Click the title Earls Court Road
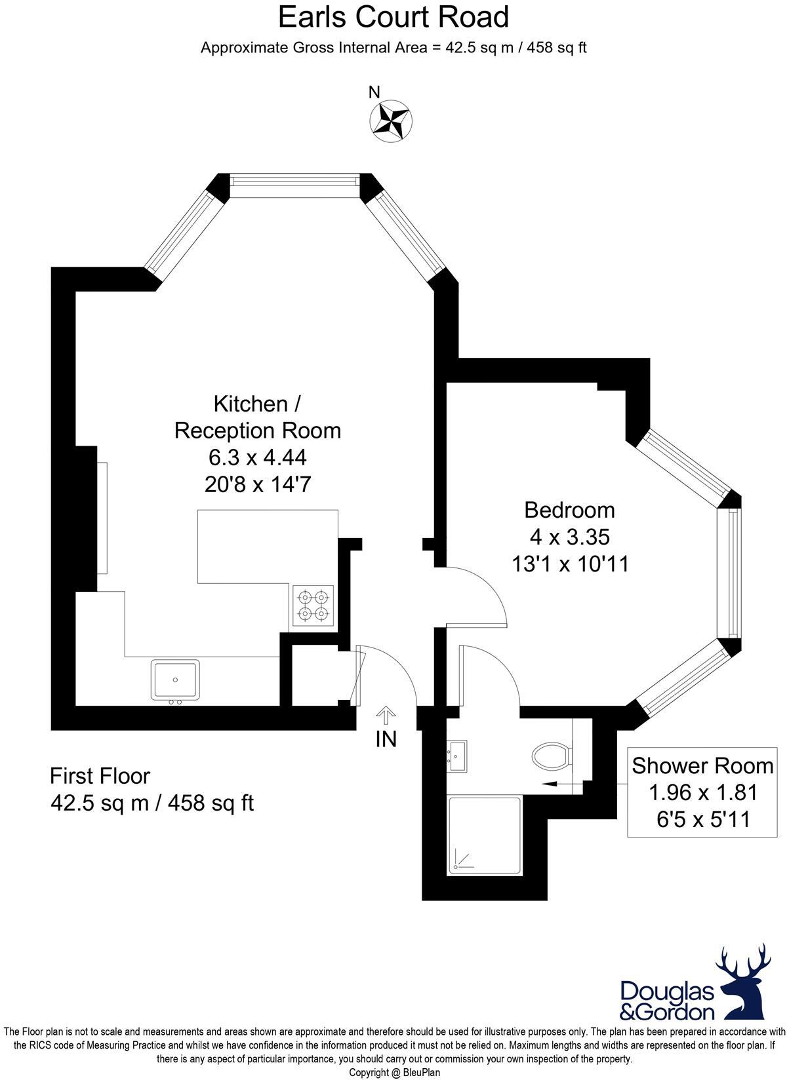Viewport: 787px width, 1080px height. tap(393, 17)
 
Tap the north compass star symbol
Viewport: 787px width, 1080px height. tap(391, 121)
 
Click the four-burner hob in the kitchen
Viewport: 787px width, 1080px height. tap(313, 606)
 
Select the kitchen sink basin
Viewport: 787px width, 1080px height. tap(175, 679)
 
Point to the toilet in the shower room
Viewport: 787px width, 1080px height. tap(552, 757)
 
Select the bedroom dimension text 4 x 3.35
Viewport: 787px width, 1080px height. tap(569, 537)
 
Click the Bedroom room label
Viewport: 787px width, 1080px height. tap(569, 510)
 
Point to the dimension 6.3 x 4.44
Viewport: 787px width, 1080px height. tap(257, 457)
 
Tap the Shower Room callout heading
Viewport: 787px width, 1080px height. tap(702, 765)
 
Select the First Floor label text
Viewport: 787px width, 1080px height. tap(100, 776)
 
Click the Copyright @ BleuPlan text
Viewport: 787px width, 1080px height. tap(394, 1073)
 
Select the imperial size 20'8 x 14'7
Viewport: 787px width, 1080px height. tap(257, 484)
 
